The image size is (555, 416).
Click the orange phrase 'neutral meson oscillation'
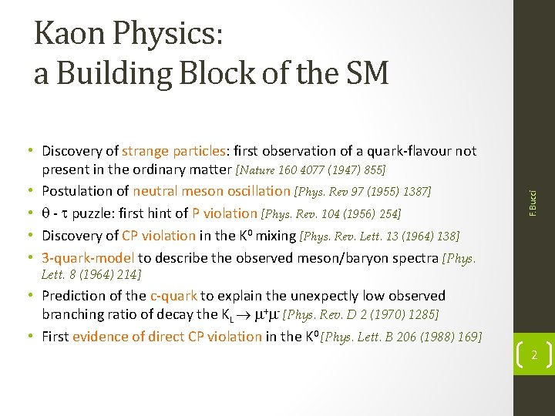click(212, 191)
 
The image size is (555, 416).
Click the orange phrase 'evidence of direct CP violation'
click(167, 336)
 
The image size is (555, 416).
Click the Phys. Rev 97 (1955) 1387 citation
click(363, 191)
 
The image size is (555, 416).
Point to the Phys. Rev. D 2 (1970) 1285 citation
click(362, 315)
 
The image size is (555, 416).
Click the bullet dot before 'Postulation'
click(34, 191)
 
